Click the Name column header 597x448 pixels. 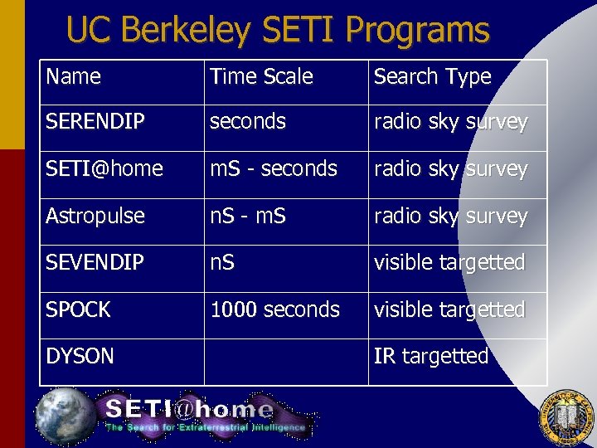click(x=74, y=77)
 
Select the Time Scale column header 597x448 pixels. click(x=261, y=77)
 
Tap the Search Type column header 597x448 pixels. click(x=432, y=77)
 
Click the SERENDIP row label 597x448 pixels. click(x=95, y=122)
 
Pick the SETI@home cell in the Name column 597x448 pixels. click(x=104, y=169)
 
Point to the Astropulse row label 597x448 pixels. click(x=95, y=216)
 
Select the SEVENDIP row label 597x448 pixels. click(x=95, y=263)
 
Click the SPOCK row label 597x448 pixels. click(x=79, y=309)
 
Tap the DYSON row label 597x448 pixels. click(x=80, y=357)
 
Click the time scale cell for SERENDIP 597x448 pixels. click(x=248, y=122)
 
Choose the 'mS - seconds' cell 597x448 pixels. click(x=274, y=169)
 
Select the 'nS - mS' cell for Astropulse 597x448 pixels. click(x=248, y=216)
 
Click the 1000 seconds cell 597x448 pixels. click(x=275, y=309)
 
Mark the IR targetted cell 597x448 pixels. click(x=431, y=357)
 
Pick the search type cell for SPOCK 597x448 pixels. click(x=449, y=309)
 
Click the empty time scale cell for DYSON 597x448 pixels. click(x=285, y=362)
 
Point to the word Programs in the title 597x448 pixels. click(x=418, y=31)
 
